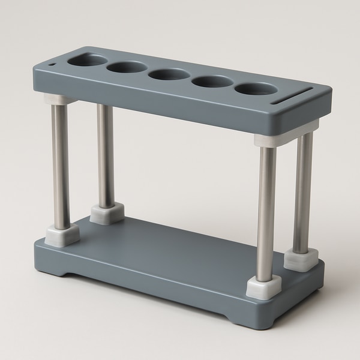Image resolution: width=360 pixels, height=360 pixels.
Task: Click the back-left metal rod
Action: (106, 156)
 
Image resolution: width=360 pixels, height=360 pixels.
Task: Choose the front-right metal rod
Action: (266, 210)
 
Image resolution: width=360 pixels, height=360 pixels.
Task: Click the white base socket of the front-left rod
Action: (61, 233)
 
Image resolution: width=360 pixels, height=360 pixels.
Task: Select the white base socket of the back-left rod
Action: (107, 212)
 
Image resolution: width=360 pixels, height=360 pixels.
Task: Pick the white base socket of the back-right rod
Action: (301, 257)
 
